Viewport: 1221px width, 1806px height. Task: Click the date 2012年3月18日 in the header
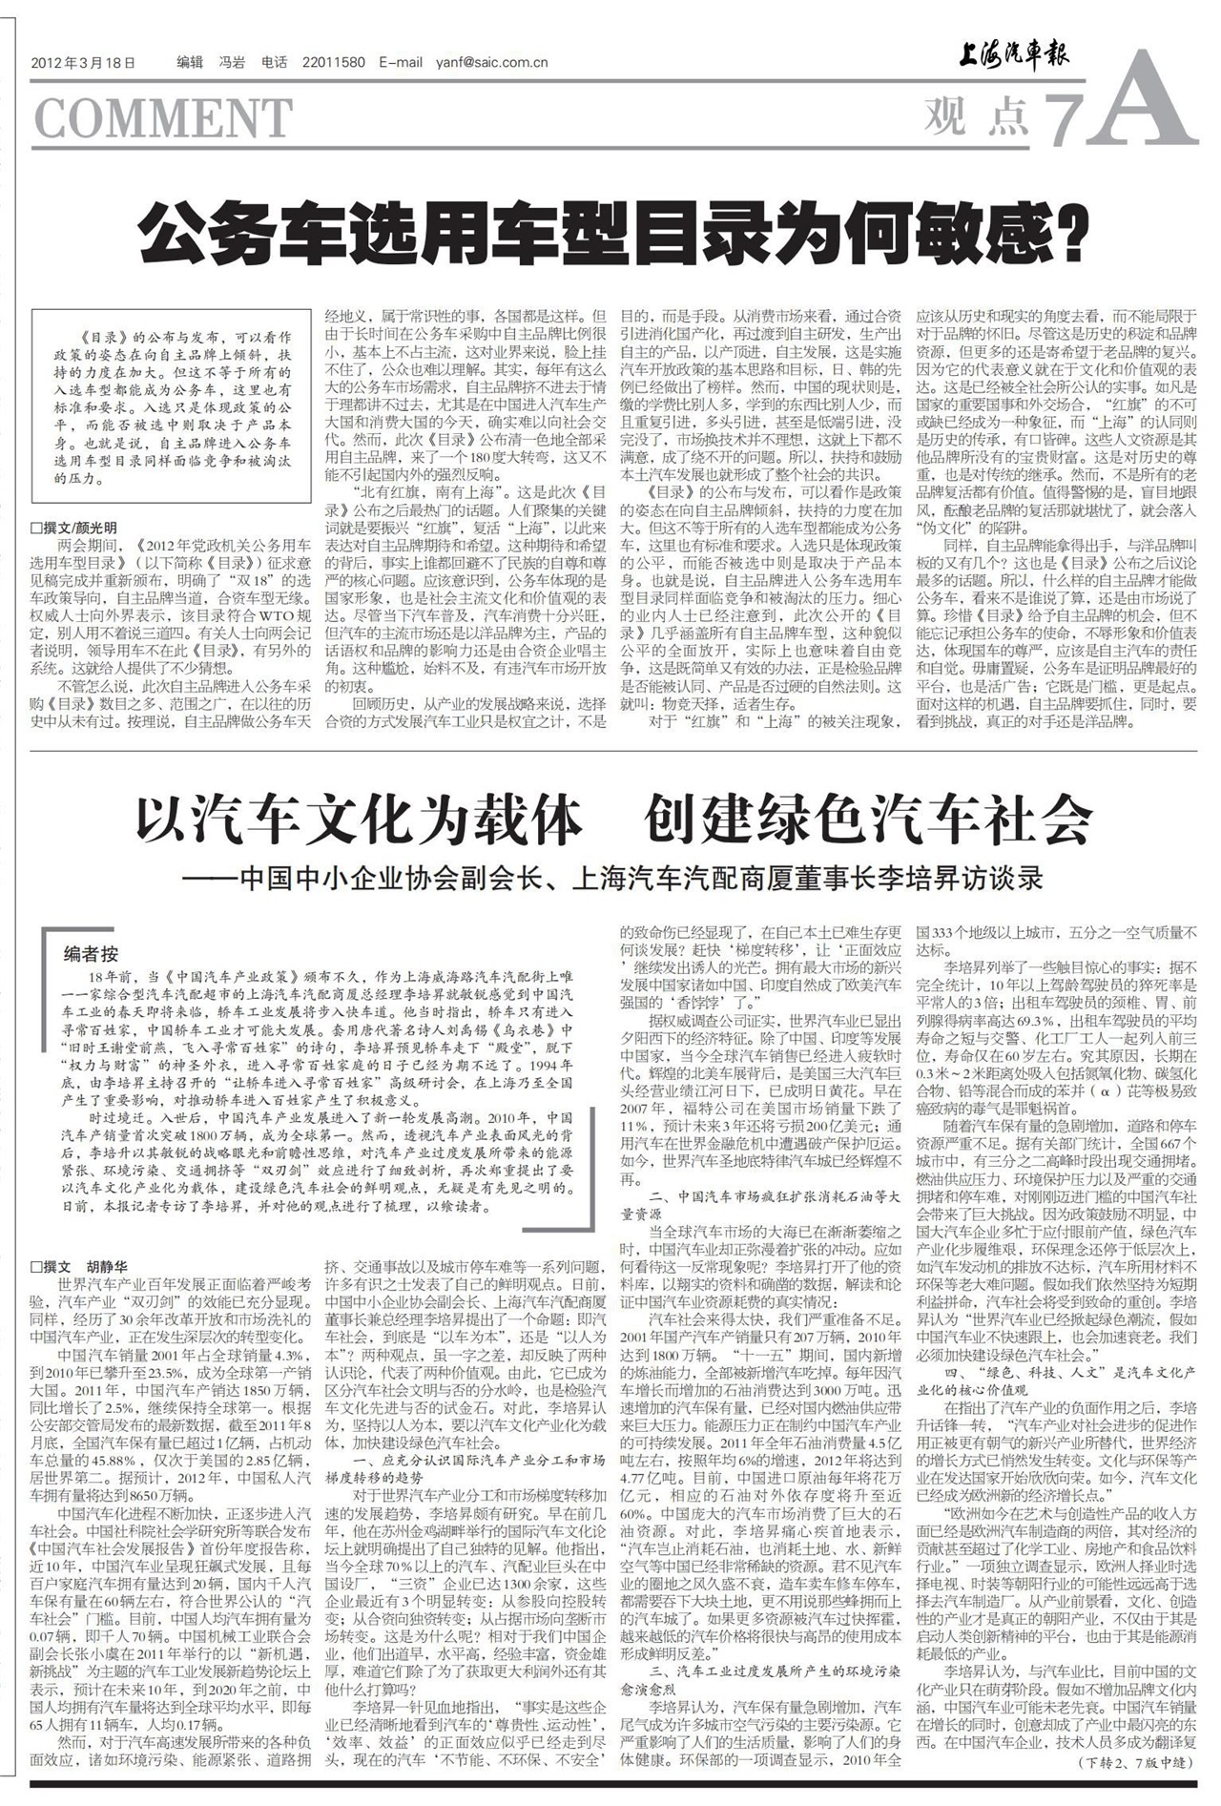[83, 63]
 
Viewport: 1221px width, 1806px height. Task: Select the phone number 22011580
[333, 63]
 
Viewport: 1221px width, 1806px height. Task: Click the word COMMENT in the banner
[163, 118]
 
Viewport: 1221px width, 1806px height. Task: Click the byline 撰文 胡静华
[80, 1267]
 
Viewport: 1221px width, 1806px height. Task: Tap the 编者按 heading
[92, 953]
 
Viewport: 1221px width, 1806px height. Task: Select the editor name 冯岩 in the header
[232, 63]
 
